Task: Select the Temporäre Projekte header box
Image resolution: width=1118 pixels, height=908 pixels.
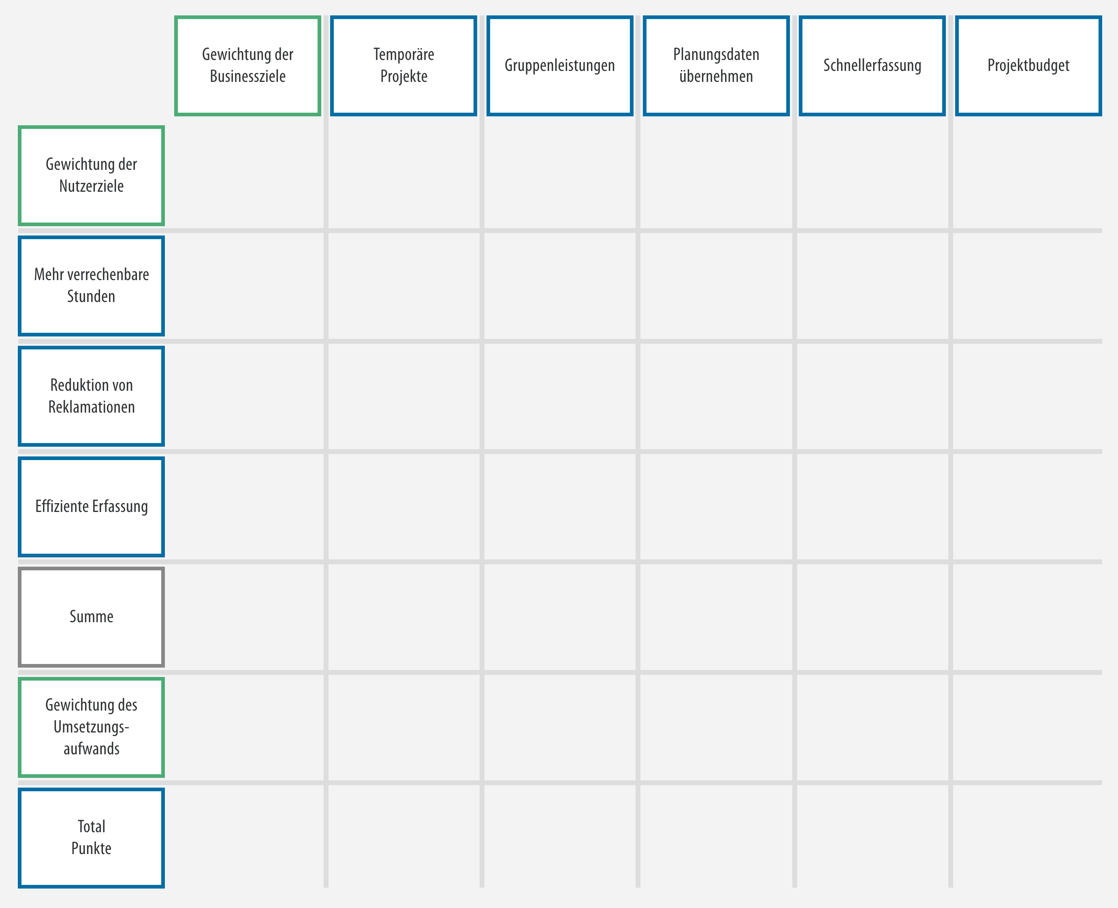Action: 403,65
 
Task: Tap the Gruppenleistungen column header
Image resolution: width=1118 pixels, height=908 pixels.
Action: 560,65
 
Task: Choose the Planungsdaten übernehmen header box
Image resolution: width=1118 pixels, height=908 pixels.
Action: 716,65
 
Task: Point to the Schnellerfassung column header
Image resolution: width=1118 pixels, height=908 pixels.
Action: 873,65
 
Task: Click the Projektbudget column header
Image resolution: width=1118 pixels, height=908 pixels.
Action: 1028,65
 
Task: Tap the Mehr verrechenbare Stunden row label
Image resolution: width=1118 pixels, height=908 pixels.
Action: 92,286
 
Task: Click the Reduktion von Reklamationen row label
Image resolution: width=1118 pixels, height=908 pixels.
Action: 92,396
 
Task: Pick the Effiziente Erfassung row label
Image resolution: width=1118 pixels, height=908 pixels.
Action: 92,506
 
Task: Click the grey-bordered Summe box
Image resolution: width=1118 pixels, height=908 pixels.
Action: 92,617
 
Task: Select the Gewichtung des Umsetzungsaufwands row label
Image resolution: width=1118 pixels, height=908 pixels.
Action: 92,727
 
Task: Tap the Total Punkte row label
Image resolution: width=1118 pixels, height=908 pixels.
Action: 92,837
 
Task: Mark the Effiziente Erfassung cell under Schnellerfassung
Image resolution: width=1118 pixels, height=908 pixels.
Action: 873,507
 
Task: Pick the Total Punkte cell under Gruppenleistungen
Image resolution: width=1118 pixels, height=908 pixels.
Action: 560,836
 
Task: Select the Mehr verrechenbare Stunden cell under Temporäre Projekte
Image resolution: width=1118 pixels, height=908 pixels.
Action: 403,286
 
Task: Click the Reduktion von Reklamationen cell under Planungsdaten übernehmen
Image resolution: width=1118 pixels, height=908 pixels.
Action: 716,396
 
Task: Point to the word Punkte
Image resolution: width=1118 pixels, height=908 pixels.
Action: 92,848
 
